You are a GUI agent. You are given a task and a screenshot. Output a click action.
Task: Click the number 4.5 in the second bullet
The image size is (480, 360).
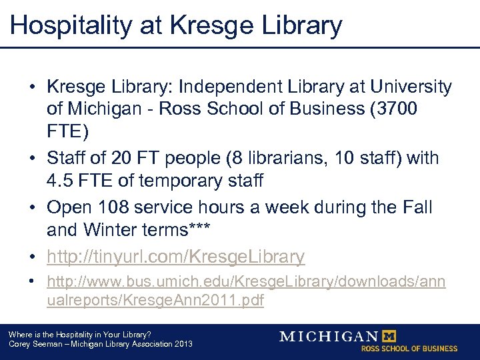[x=60, y=180]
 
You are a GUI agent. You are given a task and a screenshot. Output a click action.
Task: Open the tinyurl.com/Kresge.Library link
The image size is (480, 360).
[x=176, y=256]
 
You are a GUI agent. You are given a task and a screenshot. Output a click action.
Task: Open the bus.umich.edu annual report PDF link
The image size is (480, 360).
[x=246, y=291]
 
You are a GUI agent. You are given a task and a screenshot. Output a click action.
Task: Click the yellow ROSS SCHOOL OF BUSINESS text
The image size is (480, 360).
[x=409, y=349]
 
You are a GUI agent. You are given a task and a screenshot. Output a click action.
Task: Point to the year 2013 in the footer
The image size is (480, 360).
[x=183, y=344]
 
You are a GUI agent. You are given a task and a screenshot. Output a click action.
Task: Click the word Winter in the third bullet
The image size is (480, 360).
[x=108, y=229]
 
